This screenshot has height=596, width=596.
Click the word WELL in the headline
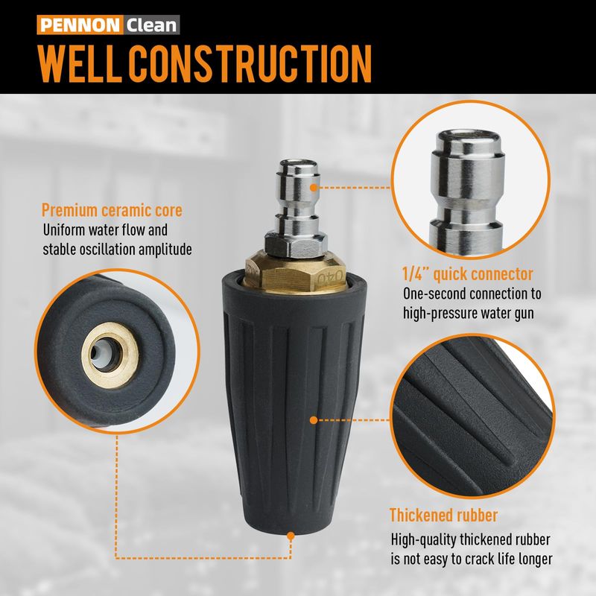point(80,64)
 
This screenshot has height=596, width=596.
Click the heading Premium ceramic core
point(112,210)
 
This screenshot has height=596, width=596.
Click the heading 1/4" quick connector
point(468,274)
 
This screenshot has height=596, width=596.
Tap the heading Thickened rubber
point(443,515)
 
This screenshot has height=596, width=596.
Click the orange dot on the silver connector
point(314,188)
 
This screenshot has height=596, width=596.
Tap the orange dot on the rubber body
point(314,420)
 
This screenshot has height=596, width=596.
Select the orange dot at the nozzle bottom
point(291,536)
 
